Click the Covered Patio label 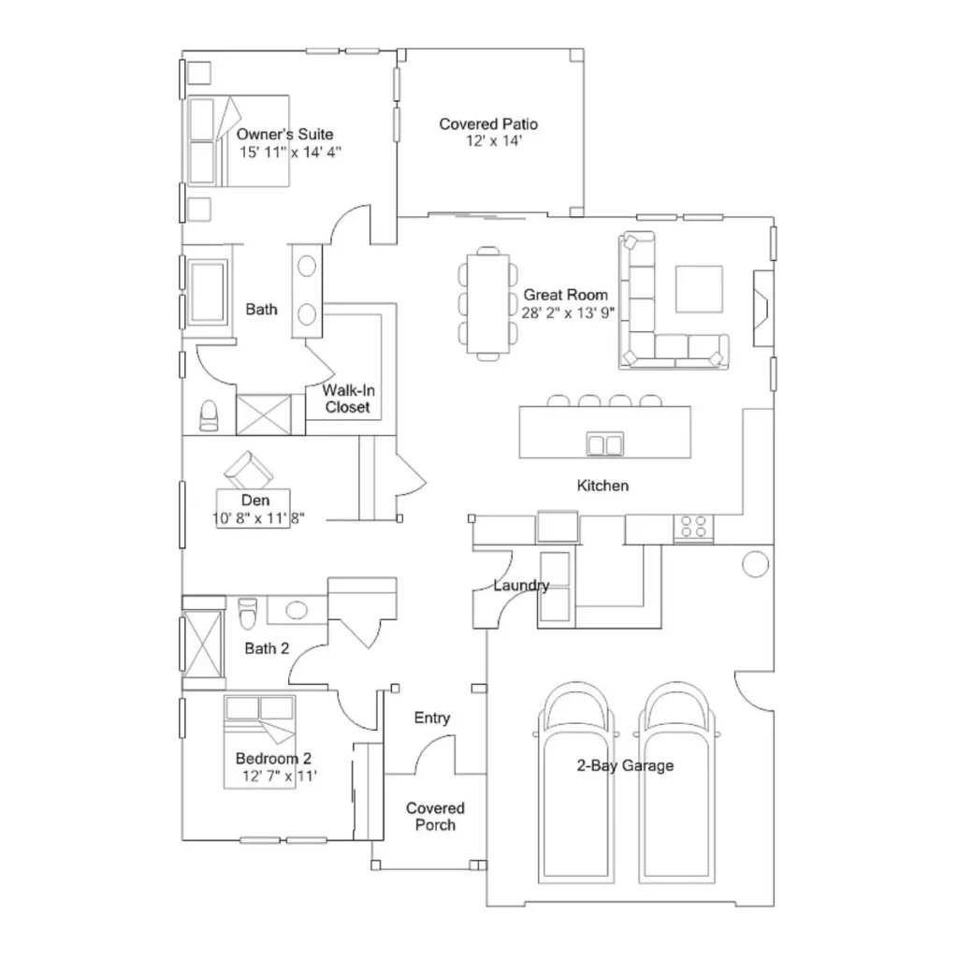pyautogui.click(x=488, y=124)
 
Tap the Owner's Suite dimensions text pyautogui.click(x=290, y=152)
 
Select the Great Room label pyautogui.click(x=565, y=295)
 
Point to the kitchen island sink pyautogui.click(x=605, y=443)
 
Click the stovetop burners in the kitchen pyautogui.click(x=693, y=528)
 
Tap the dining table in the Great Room pyautogui.click(x=488, y=304)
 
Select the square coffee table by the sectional pyautogui.click(x=699, y=289)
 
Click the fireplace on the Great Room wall pyautogui.click(x=763, y=309)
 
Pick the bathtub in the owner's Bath pyautogui.click(x=208, y=292)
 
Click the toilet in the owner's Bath pyautogui.click(x=209, y=415)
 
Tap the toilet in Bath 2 pyautogui.click(x=247, y=613)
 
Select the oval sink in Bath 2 pyautogui.click(x=297, y=610)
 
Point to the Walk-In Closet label pyautogui.click(x=348, y=399)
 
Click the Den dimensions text pyautogui.click(x=258, y=518)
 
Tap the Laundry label pyautogui.click(x=521, y=586)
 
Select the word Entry pyautogui.click(x=432, y=718)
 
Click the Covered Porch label pyautogui.click(x=435, y=816)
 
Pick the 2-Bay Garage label pyautogui.click(x=625, y=765)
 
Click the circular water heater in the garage pyautogui.click(x=755, y=564)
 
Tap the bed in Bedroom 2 pyautogui.click(x=260, y=742)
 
